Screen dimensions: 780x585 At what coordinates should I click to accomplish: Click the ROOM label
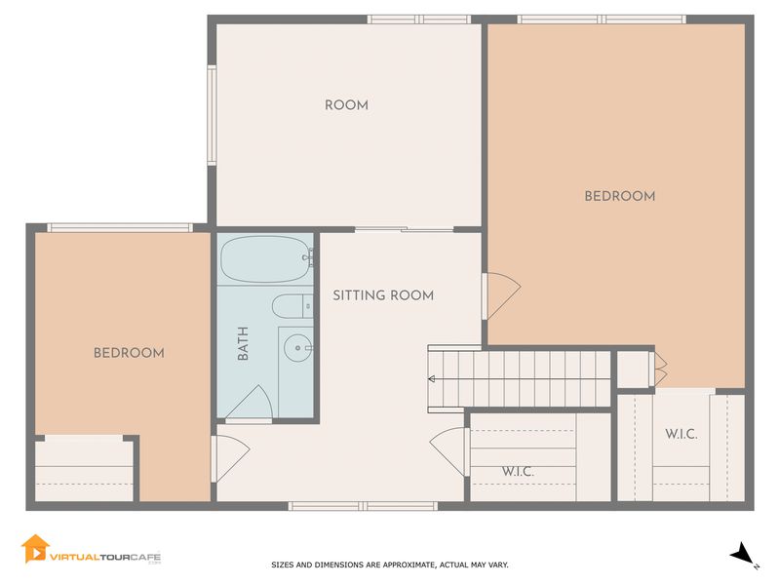pyautogui.click(x=346, y=105)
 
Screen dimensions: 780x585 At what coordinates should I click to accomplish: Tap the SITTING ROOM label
pyautogui.click(x=383, y=295)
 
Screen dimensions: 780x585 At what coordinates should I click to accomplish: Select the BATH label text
pyautogui.click(x=243, y=343)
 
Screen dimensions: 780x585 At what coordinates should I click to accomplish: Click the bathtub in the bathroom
pyautogui.click(x=265, y=259)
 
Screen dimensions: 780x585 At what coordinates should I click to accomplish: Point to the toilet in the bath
pyautogui.click(x=292, y=306)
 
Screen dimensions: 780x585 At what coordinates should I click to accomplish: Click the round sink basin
pyautogui.click(x=298, y=347)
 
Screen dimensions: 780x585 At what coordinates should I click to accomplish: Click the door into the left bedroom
pyautogui.click(x=231, y=458)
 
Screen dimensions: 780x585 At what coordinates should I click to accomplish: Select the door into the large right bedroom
pyautogui.click(x=501, y=295)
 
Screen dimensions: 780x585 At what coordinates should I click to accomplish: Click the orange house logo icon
pyautogui.click(x=35, y=549)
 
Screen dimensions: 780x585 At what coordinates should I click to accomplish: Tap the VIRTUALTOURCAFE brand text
pyautogui.click(x=105, y=557)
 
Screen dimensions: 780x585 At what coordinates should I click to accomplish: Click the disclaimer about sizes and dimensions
pyautogui.click(x=389, y=565)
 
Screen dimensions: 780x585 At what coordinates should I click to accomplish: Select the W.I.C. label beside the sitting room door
pyautogui.click(x=518, y=471)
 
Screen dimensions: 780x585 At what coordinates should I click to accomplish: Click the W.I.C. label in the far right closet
pyautogui.click(x=681, y=434)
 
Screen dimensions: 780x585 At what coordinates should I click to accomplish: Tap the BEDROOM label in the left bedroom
pyautogui.click(x=129, y=353)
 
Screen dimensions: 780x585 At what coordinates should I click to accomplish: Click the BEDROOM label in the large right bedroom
pyautogui.click(x=620, y=196)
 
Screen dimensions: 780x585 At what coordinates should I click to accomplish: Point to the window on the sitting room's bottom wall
pyautogui.click(x=363, y=506)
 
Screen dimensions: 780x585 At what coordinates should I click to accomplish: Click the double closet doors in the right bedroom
pyautogui.click(x=659, y=369)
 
